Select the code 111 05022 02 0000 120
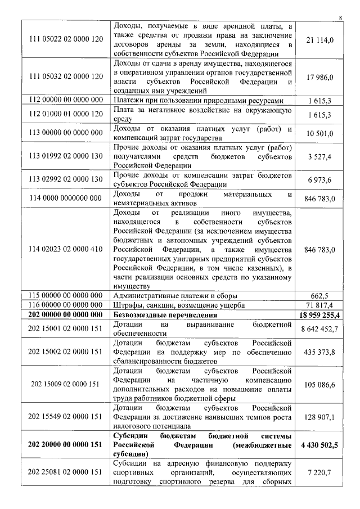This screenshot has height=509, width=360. click(x=66, y=39)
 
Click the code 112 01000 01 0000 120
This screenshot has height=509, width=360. click(x=66, y=115)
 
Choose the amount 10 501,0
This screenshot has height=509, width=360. click(x=319, y=133)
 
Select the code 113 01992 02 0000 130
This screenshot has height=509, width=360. click(x=66, y=157)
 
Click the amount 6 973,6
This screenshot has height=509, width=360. click(x=320, y=179)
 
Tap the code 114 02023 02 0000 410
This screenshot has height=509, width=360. click(x=66, y=249)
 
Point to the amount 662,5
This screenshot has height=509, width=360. click(x=319, y=295)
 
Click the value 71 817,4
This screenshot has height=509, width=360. click(x=319, y=305)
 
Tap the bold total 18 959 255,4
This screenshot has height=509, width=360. click(x=319, y=314)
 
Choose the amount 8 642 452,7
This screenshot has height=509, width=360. click(x=319, y=328)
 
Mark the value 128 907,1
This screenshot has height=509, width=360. click(x=319, y=417)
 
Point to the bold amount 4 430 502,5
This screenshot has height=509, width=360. click(x=319, y=444)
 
